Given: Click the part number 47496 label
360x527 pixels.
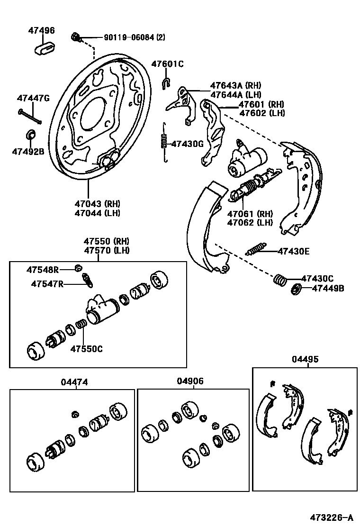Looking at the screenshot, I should click(41, 31).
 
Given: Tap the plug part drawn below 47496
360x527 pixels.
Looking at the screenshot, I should click(45, 48).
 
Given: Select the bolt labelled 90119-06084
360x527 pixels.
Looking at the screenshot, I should click(76, 37).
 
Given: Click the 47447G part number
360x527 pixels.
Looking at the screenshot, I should click(33, 99).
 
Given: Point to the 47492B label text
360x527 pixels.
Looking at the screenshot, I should click(28, 152).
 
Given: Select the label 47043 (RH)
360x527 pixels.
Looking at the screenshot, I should click(97, 204).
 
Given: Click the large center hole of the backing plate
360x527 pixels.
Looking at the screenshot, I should click(96, 113).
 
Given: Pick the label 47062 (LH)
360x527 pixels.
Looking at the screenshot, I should click(250, 222).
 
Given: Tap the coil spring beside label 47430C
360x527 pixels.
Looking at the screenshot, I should click(280, 280).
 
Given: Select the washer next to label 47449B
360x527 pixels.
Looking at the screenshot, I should click(295, 288).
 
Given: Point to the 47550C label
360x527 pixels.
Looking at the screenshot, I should click(86, 349).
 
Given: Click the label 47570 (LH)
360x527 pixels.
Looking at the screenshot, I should click(107, 250).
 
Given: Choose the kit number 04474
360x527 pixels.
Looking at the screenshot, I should click(74, 382).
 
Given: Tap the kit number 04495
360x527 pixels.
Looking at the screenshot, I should click(305, 359).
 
